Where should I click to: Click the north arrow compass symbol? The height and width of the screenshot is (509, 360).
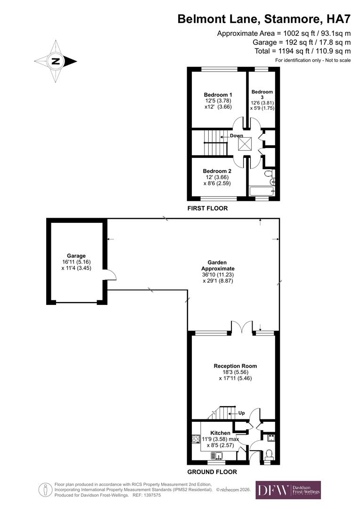click(x=56, y=61)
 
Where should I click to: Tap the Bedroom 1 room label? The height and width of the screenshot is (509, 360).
click(x=214, y=94)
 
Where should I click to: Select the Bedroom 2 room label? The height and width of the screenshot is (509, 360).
click(x=217, y=171)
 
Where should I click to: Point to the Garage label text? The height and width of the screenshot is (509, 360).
click(x=76, y=256)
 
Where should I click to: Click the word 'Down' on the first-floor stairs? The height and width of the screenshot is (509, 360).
click(x=237, y=136)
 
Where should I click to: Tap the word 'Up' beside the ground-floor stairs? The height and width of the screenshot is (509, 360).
click(x=242, y=413)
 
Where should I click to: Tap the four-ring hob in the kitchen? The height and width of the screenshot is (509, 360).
click(x=196, y=439)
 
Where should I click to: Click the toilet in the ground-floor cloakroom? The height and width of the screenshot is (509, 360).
click(x=269, y=454)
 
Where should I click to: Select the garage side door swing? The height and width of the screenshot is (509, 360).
click(x=109, y=274)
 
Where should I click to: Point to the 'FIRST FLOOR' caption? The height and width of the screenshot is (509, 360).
click(x=207, y=208)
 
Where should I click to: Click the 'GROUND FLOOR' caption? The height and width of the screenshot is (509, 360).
click(x=212, y=472)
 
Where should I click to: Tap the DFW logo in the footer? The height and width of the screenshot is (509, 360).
click(x=288, y=490)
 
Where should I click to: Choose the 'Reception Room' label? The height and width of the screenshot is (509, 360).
click(x=235, y=366)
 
